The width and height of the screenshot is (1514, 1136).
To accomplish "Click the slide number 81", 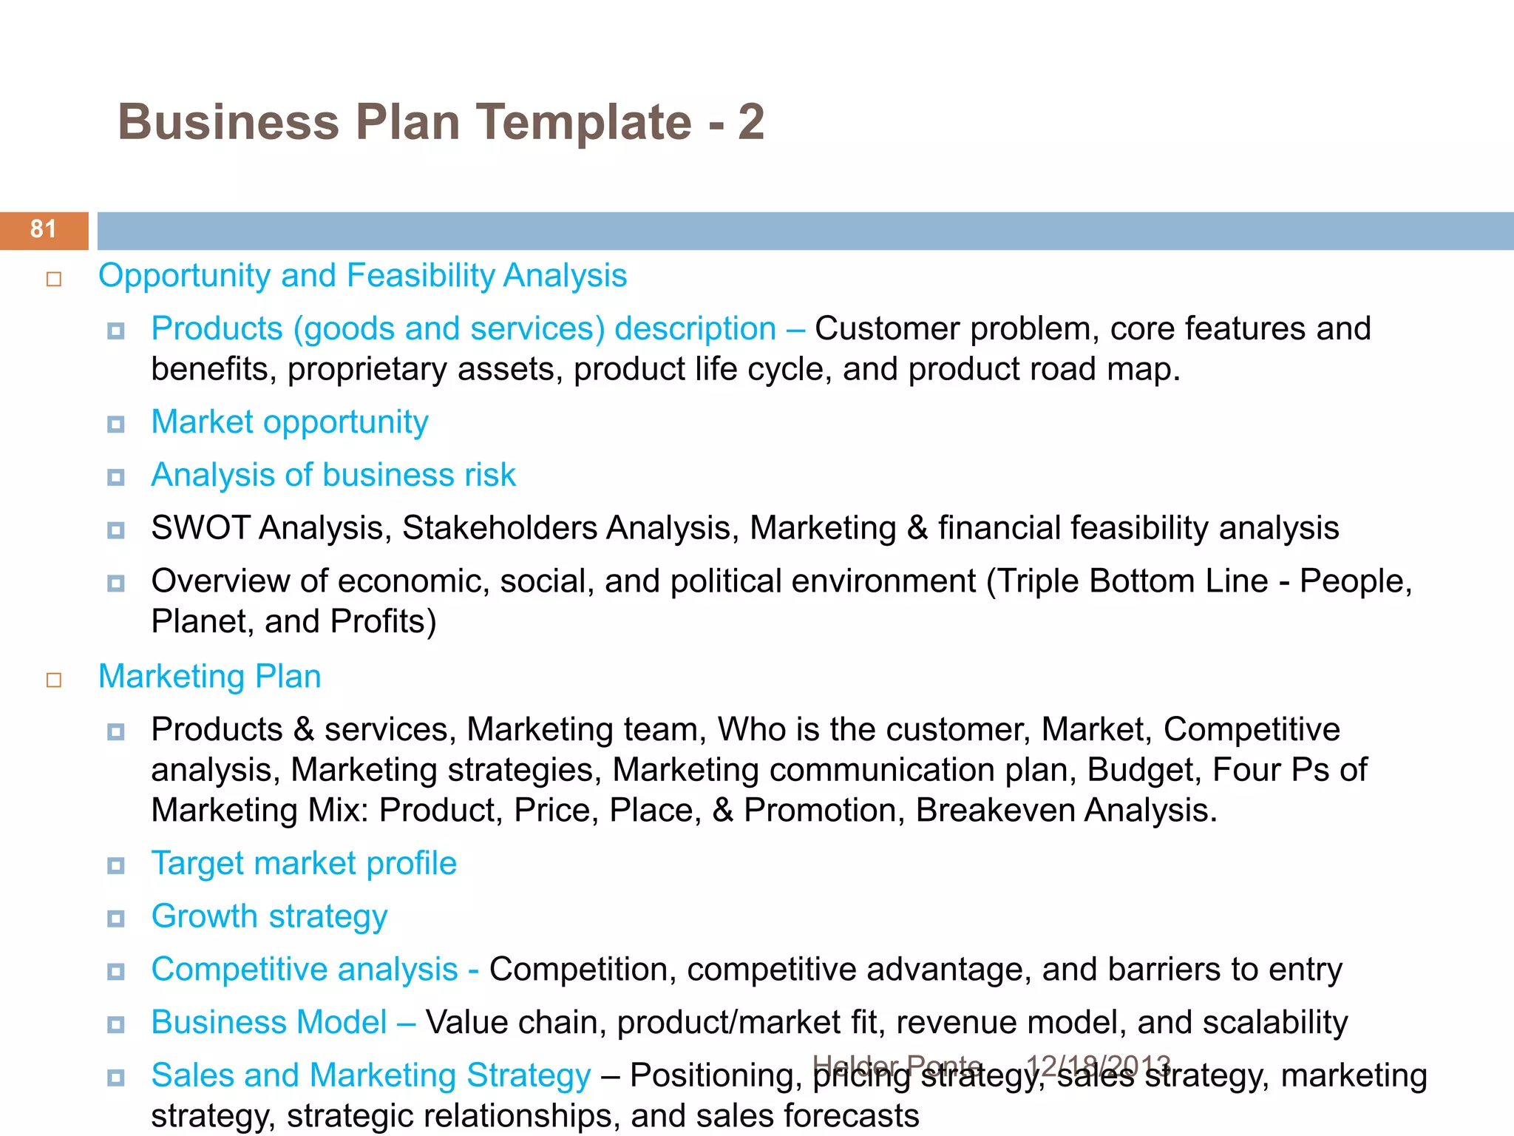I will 43,229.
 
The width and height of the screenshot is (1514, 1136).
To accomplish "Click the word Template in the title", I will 583,122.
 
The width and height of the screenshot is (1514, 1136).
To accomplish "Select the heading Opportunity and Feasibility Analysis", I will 362,276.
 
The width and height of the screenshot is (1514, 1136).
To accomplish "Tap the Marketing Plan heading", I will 210,677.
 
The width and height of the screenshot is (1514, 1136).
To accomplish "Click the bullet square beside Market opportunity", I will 115,425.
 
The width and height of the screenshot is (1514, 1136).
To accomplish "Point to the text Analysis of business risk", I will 333,475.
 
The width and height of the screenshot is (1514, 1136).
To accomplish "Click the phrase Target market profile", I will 304,863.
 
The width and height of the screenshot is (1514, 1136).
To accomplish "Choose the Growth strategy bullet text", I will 269,916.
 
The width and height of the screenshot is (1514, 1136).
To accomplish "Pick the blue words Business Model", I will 269,1022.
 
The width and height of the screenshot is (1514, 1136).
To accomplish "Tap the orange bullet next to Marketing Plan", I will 54,680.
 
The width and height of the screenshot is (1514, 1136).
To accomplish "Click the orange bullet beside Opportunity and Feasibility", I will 54,279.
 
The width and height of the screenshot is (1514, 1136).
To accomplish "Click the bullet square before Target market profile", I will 115,865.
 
